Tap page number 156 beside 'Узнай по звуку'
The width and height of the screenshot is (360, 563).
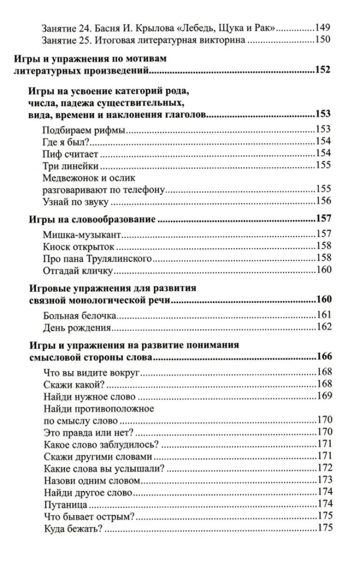coord(324,202)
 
